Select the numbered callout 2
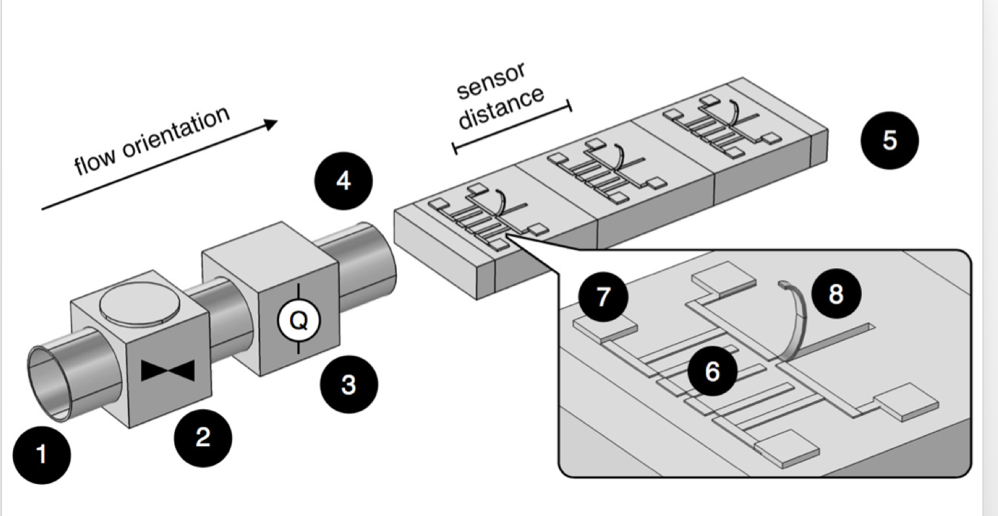coord(203,437)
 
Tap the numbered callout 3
coord(348,385)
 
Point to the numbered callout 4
coord(343,182)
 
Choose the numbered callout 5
coord(888,140)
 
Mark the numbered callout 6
coord(712,371)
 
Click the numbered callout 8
coord(835,293)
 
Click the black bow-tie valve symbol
coord(168,370)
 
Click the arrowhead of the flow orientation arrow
coord(270,124)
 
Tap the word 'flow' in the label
coord(90,164)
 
